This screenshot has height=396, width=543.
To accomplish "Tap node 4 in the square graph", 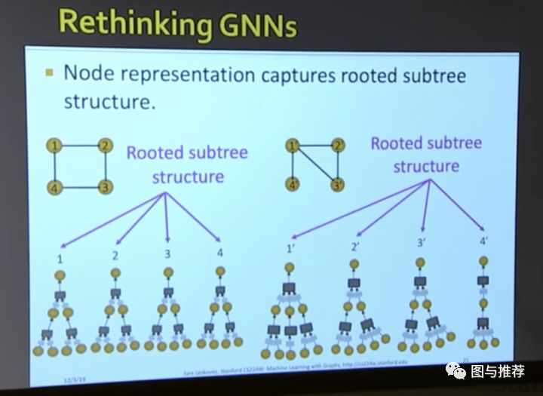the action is pyautogui.click(x=54, y=186).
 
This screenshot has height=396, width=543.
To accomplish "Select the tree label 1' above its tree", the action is pyautogui.click(x=290, y=247).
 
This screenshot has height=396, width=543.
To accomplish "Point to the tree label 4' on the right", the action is pyautogui.click(x=483, y=241).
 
